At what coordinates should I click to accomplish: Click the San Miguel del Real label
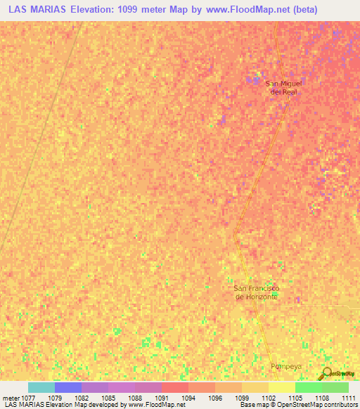click(x=283, y=87)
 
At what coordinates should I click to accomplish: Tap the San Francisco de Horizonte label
click(x=257, y=292)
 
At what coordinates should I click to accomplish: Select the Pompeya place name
click(x=286, y=367)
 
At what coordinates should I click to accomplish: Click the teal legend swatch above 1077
click(x=41, y=387)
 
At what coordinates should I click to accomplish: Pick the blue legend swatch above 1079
click(x=68, y=387)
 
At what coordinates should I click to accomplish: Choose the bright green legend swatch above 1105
click(x=308, y=387)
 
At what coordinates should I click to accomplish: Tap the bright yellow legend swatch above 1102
click(x=281, y=387)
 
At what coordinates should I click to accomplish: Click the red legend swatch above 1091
click(x=174, y=387)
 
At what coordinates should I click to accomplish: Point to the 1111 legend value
click(x=348, y=398)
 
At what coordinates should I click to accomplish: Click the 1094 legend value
click(x=188, y=398)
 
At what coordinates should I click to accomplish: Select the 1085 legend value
click(x=108, y=398)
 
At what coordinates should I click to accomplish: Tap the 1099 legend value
click(x=241, y=398)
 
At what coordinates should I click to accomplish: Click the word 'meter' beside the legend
click(x=12, y=398)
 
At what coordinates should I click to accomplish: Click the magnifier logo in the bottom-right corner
click(x=327, y=374)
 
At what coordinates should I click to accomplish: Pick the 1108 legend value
click(x=321, y=398)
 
